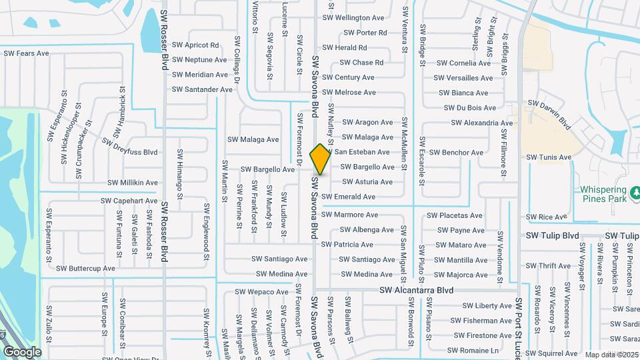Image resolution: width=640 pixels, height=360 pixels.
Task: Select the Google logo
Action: tap(22, 351)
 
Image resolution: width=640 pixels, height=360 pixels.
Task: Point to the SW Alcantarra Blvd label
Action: tap(416, 291)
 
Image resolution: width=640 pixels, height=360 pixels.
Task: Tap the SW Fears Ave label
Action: tap(27, 53)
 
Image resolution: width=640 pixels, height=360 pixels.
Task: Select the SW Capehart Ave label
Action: tap(129, 201)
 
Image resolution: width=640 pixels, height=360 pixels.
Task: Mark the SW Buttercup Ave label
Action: tap(85, 269)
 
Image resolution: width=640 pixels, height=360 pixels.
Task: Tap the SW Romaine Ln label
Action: tap(473, 350)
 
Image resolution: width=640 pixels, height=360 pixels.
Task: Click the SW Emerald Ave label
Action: tap(349, 197)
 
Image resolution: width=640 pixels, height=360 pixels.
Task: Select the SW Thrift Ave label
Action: tap(549, 265)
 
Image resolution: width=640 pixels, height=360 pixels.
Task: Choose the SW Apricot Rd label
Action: tap(195, 45)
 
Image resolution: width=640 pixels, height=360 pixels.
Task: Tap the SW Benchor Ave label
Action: tap(457, 153)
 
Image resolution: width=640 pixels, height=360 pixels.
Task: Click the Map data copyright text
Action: tap(612, 354)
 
